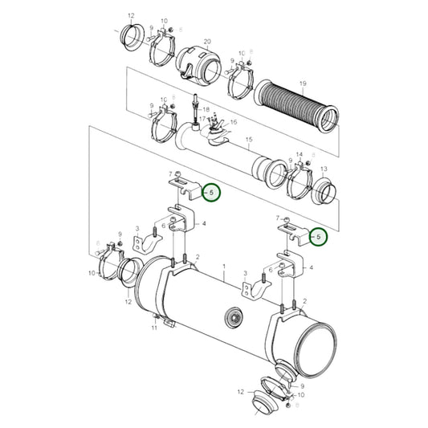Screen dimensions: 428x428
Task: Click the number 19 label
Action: [x=303, y=84]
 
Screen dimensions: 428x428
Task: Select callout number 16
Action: [x=234, y=121]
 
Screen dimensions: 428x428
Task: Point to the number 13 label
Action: [x=324, y=169]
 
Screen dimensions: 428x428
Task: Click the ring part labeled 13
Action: [x=322, y=190]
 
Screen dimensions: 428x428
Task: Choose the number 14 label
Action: [x=299, y=154]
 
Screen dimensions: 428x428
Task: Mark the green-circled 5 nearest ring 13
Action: [x=319, y=237]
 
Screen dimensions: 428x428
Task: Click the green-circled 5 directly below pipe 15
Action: [x=210, y=193]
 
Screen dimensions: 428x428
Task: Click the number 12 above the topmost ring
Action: [x=131, y=15]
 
